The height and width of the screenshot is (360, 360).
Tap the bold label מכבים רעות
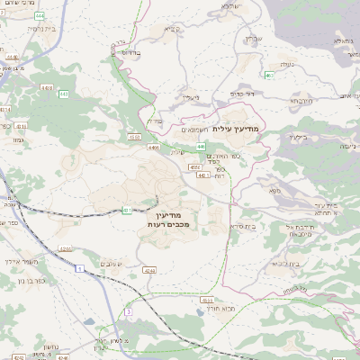167,224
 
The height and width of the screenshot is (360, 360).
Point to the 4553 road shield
195,166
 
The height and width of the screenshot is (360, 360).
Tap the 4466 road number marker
154,148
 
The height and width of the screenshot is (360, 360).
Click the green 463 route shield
269,74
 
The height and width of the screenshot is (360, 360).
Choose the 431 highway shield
127,210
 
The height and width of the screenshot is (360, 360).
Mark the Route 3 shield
129,311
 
